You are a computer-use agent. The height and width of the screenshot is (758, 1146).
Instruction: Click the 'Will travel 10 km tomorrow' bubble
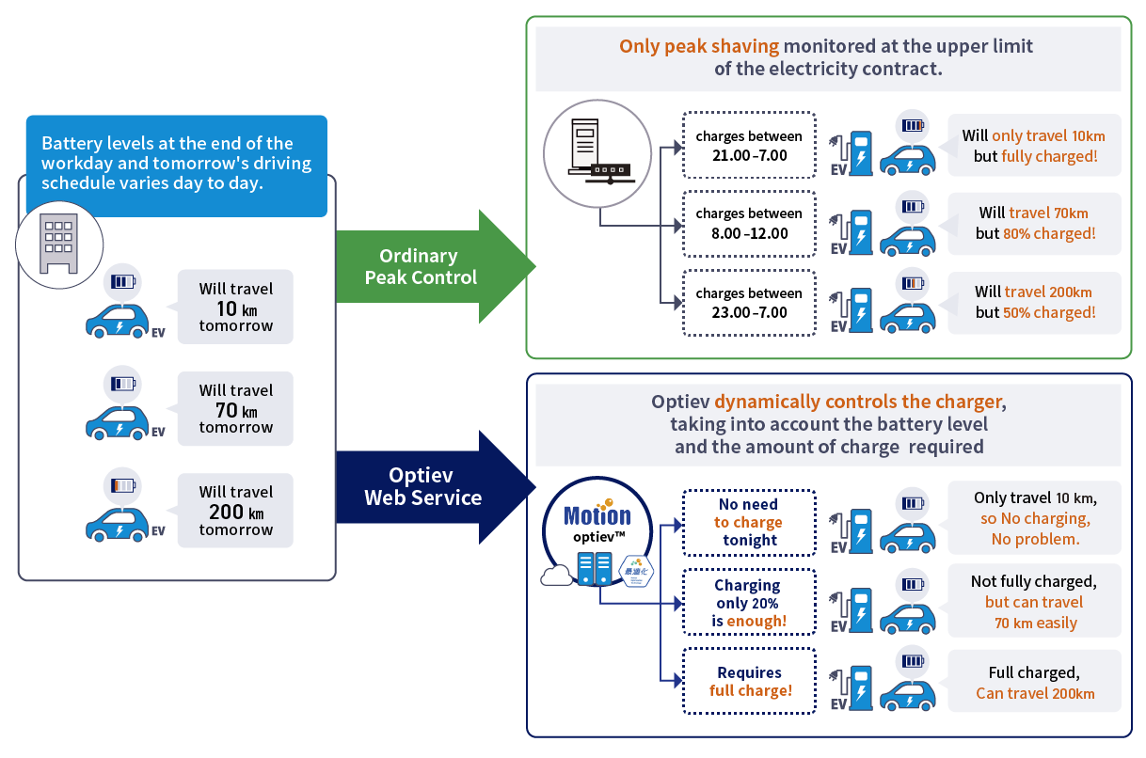click(x=235, y=308)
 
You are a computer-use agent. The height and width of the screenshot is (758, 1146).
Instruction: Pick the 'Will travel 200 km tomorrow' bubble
click(x=235, y=511)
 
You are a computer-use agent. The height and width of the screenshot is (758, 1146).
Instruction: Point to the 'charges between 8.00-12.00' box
click(x=749, y=224)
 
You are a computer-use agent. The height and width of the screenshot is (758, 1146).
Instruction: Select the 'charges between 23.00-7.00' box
click(x=749, y=303)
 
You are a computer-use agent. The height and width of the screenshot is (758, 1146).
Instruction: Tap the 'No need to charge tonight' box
click(x=749, y=523)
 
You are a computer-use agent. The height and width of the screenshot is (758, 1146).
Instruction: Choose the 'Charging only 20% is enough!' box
click(x=749, y=603)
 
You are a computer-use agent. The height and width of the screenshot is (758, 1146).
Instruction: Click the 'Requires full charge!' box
click(x=749, y=681)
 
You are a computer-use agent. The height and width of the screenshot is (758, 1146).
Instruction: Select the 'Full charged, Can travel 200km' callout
click(x=1034, y=684)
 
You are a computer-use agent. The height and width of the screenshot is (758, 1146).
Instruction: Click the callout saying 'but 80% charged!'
click(x=1034, y=223)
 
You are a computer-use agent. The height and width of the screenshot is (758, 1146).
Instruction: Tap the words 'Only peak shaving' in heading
click(x=698, y=46)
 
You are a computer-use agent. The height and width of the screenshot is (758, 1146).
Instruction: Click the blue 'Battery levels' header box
click(x=176, y=165)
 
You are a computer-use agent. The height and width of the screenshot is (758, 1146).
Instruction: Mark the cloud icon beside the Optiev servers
click(x=557, y=574)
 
